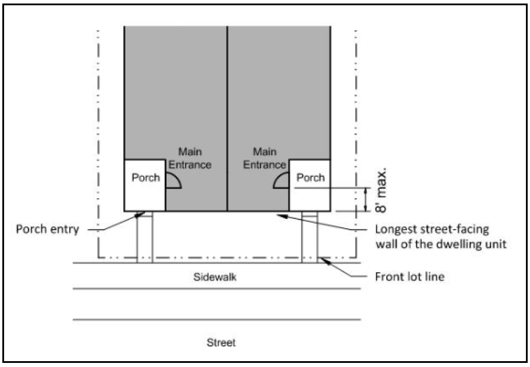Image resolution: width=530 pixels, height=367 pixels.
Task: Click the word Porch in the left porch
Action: (146, 177)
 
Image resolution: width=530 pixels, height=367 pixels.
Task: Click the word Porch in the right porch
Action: (310, 177)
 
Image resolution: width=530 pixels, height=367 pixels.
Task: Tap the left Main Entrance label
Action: (190, 159)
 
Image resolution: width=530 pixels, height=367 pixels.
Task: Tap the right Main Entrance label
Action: (265, 159)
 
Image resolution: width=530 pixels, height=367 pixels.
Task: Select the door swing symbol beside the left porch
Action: (173, 181)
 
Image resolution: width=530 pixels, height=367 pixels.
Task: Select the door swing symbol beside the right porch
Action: (282, 181)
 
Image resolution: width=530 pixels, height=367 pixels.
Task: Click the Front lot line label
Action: (409, 277)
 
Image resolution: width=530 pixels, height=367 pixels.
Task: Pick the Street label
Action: (221, 342)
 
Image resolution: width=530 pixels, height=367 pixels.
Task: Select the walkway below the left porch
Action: (144, 237)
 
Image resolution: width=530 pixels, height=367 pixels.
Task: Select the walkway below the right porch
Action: (309, 237)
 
